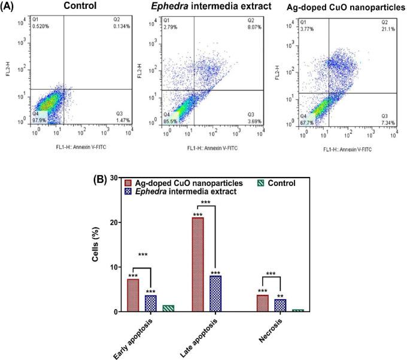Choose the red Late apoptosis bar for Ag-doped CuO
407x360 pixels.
click(x=197, y=264)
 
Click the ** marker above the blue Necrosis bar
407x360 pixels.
click(x=280, y=295)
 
